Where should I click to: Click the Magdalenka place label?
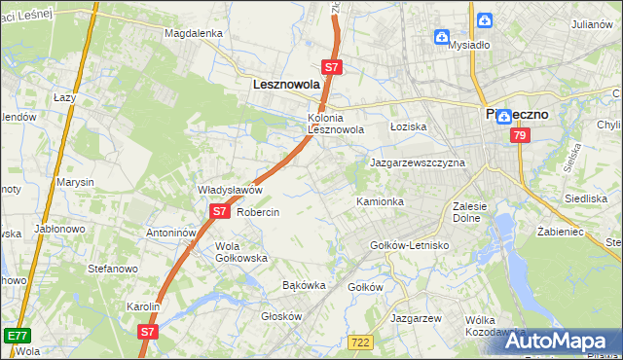(x=194, y=32)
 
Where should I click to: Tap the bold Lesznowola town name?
(x=286, y=85)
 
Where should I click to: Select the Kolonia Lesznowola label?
(x=336, y=123)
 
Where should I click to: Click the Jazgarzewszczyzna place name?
(x=418, y=162)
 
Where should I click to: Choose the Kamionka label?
(x=380, y=201)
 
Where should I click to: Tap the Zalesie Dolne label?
(x=476, y=212)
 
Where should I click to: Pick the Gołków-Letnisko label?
(x=410, y=245)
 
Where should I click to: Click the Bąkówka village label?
(x=303, y=285)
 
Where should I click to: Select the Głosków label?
(x=282, y=316)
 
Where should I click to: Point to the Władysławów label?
(x=231, y=190)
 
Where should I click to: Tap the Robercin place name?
(x=258, y=212)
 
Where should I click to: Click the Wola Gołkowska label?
(x=241, y=252)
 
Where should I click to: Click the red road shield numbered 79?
(x=519, y=136)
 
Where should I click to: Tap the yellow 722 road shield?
(x=359, y=342)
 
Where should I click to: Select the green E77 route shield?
(x=16, y=335)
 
